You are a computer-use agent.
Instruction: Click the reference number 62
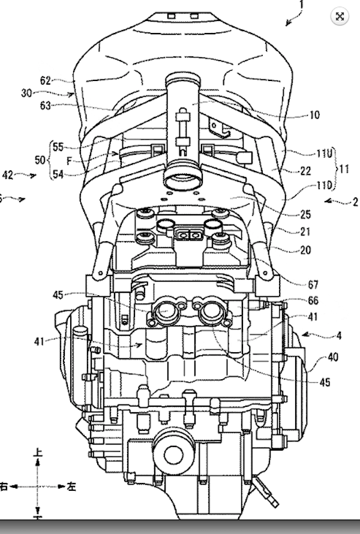click(x=46, y=79)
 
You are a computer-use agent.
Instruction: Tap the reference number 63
click(x=46, y=106)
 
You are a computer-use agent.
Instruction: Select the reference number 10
click(x=314, y=115)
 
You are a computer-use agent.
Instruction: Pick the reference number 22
click(x=305, y=171)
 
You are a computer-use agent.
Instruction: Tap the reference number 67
click(x=313, y=284)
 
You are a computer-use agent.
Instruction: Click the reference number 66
click(x=313, y=301)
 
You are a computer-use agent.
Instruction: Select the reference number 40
click(x=332, y=357)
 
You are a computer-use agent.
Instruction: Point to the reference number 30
click(x=26, y=93)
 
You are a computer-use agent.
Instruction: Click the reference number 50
click(x=40, y=160)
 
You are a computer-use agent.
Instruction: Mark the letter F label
click(x=70, y=160)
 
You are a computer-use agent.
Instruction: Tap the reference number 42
click(x=8, y=175)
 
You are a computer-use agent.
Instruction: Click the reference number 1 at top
click(x=301, y=5)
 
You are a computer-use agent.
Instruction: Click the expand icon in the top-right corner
click(x=340, y=16)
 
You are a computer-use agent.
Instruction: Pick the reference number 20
click(x=305, y=250)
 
